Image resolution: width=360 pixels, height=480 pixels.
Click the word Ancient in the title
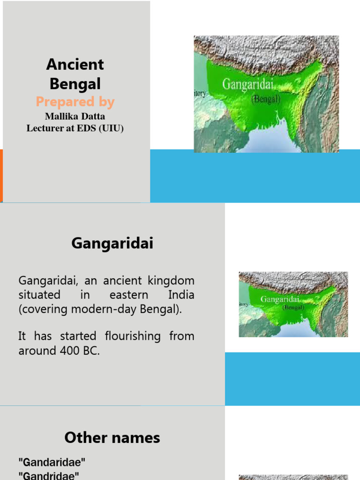(x=75, y=64)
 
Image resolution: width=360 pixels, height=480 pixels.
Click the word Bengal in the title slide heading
(x=75, y=84)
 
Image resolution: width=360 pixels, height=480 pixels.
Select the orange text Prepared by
(x=75, y=102)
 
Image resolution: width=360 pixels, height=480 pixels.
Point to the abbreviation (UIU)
(x=111, y=128)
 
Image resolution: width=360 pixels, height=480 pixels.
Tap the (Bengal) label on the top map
(x=266, y=99)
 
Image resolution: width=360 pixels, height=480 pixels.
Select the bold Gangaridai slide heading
(x=112, y=244)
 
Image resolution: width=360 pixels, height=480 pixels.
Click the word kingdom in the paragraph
(x=174, y=281)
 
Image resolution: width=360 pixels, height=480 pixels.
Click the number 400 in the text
(x=73, y=351)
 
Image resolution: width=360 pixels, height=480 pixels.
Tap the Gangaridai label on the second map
(x=280, y=299)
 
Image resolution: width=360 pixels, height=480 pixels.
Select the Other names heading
(x=112, y=438)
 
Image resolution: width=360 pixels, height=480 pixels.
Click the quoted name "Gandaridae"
(x=52, y=462)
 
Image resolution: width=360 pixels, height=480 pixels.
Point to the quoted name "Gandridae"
(x=49, y=476)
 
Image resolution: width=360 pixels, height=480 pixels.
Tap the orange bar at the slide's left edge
(x=1, y=176)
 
